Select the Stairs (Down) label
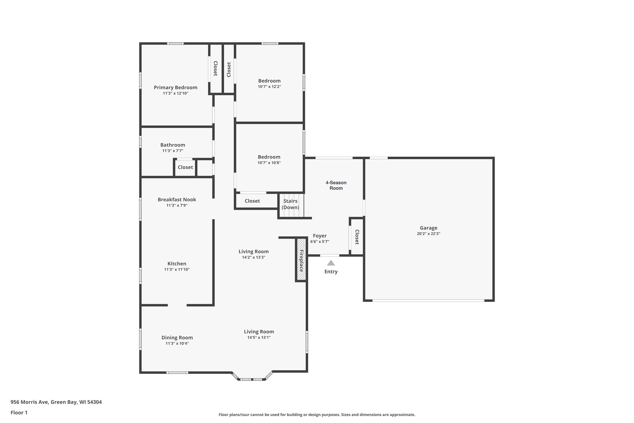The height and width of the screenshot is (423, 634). coord(290,204)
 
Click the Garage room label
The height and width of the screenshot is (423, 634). coord(428,228)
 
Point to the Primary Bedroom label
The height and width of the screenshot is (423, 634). coord(175,87)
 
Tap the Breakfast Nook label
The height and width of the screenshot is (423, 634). coord(177,200)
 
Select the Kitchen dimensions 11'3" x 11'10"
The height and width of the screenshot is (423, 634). coord(177,269)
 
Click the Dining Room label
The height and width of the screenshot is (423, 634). coord(177,338)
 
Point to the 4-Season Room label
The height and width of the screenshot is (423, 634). coord(336,185)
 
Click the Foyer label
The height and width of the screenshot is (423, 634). coord(320,236)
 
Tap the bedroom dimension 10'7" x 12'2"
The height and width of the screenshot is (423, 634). coord(269,87)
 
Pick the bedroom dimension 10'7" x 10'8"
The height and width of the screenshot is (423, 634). coord(269,163)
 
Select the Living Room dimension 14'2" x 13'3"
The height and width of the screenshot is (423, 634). coord(253,257)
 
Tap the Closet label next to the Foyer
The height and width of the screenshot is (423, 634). coord(357,237)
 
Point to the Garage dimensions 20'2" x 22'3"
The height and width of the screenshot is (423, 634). coord(428,234)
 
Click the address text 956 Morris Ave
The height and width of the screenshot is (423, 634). coord(29,402)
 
